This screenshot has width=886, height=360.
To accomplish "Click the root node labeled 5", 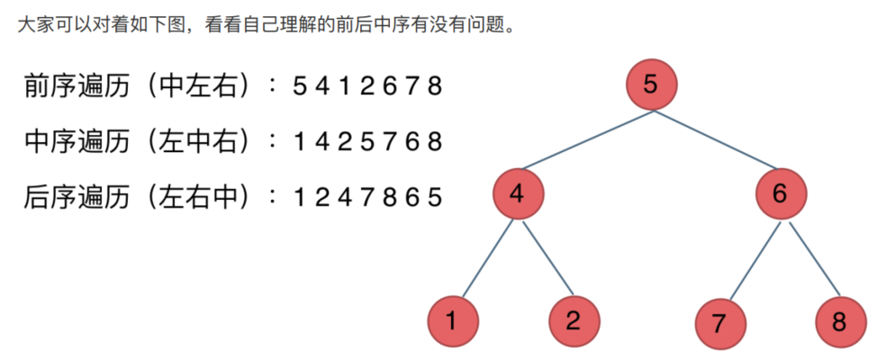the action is [651, 85].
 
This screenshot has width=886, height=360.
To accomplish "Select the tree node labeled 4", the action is [517, 194].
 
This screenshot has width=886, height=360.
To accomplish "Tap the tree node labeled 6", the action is [780, 194].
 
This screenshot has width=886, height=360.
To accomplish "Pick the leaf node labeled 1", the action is [452, 322].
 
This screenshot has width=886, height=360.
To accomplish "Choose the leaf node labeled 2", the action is [574, 322].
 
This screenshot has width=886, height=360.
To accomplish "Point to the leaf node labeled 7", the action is [719, 322].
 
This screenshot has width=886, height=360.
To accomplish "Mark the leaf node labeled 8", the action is [840, 322].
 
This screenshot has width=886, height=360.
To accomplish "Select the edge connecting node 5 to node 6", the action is [716, 140].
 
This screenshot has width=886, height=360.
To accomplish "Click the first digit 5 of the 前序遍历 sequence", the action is [300, 87].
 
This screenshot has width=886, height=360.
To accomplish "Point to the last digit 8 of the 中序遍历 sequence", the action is [436, 142].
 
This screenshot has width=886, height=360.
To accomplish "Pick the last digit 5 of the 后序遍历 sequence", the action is [436, 197].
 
